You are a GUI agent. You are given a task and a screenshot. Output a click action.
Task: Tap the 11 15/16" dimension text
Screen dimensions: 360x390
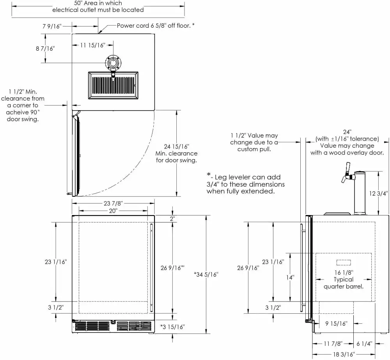(x=93, y=46)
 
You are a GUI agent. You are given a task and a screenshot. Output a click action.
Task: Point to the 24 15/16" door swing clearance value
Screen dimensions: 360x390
(x=177, y=146)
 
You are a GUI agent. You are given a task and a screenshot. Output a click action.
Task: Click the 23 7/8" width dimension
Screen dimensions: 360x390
(x=113, y=203)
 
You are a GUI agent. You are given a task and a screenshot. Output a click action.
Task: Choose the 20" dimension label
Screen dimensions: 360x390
(x=113, y=210)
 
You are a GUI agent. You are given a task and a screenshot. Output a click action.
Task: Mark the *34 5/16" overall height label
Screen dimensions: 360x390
(x=206, y=274)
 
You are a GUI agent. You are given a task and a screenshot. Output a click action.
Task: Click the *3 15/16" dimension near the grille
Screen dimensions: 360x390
(x=172, y=326)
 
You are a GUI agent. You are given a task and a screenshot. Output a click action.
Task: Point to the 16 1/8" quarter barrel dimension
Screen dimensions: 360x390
(x=344, y=272)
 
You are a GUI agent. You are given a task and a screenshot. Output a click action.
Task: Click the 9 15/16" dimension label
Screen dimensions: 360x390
(x=336, y=323)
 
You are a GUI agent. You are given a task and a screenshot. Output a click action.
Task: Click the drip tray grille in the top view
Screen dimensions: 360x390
(x=113, y=85)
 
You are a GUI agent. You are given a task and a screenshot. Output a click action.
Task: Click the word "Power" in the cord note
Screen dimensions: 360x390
(x=126, y=26)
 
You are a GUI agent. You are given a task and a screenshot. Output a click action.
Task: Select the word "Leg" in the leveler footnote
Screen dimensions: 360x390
(x=224, y=177)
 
